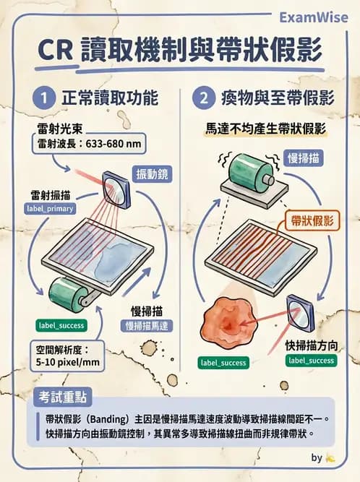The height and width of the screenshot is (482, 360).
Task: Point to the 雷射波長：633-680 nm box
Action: point(90,144)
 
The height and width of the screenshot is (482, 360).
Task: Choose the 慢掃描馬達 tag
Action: point(150,325)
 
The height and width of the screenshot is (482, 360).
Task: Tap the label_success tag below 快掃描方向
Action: point(312,359)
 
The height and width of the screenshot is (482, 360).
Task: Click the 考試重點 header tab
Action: point(67,397)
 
